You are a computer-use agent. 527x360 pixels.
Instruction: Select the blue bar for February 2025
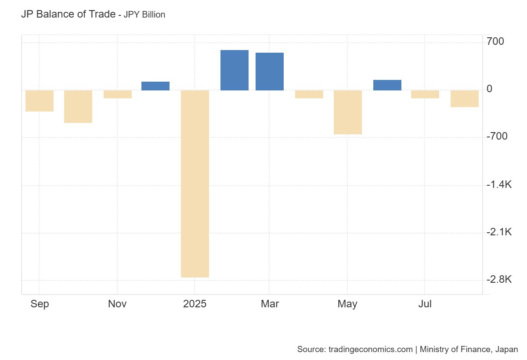tap(235, 70)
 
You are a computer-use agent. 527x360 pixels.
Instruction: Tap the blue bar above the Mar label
tap(270, 72)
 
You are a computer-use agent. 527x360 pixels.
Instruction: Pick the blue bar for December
tap(155, 86)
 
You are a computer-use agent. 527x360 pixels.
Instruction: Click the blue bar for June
tap(387, 85)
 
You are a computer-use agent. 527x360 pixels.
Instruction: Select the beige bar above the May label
tap(348, 112)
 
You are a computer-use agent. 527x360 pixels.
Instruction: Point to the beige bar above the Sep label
tap(40, 101)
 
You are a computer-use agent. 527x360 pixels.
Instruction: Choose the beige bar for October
tap(78, 107)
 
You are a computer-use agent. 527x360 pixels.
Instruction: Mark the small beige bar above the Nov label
tap(118, 94)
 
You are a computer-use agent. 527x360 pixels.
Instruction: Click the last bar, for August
tap(465, 99)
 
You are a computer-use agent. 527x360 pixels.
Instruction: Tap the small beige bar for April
tap(309, 94)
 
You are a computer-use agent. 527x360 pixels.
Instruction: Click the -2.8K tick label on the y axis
tap(499, 279)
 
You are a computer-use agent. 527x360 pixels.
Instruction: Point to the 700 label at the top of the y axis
tap(495, 41)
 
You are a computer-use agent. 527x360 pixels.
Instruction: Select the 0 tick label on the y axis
tap(489, 89)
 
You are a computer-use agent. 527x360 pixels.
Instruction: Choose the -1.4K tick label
tap(499, 184)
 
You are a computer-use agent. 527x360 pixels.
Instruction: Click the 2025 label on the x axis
tap(195, 304)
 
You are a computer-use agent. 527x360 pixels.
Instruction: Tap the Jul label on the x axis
tap(425, 304)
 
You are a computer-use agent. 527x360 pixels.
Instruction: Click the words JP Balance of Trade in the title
tap(68, 14)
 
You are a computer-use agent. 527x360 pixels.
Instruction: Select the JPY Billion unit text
tap(144, 14)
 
